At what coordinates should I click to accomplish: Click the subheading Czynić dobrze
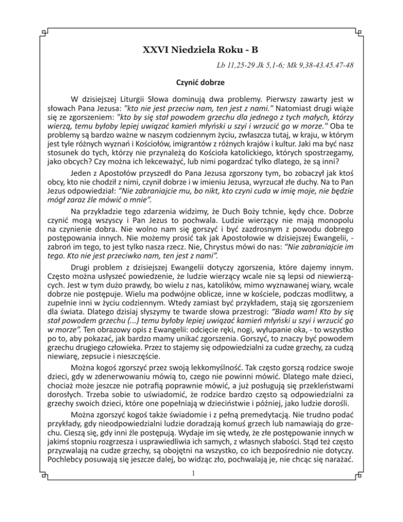pyautogui.click(x=201, y=83)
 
